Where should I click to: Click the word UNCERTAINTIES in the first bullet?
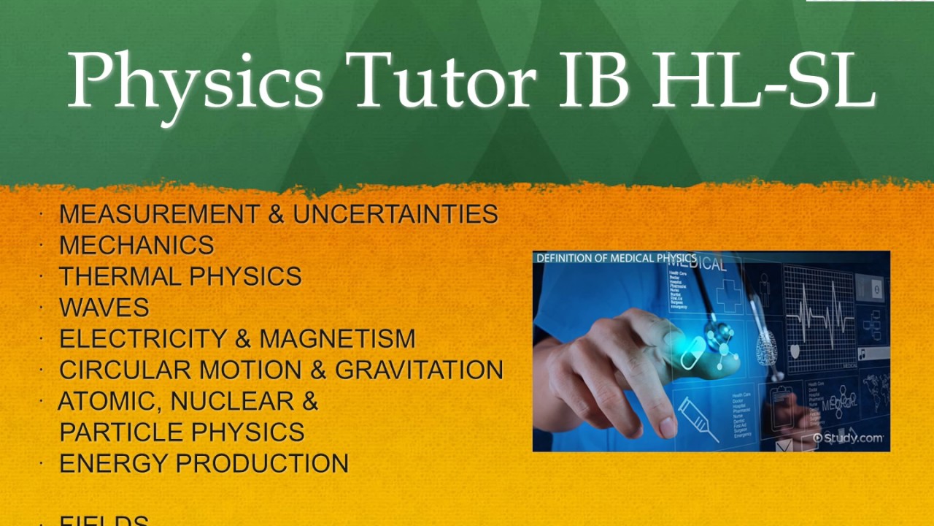click(x=395, y=214)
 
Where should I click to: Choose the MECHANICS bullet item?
click(x=136, y=245)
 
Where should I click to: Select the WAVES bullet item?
click(x=104, y=308)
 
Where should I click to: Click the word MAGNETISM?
click(x=338, y=339)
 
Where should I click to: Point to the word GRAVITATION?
click(x=419, y=370)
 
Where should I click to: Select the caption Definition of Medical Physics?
click(x=616, y=258)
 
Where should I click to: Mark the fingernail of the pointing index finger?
click(x=667, y=426)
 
